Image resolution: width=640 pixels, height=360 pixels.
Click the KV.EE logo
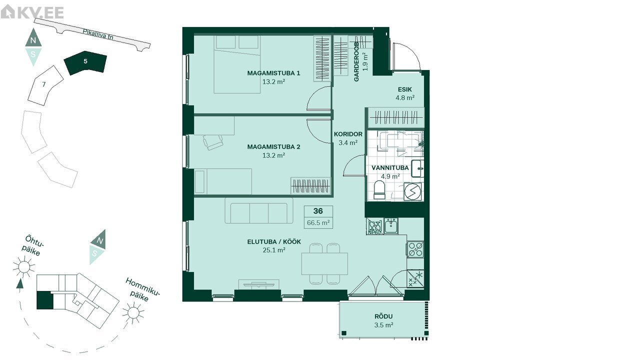32,12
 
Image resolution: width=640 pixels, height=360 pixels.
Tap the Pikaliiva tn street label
97,34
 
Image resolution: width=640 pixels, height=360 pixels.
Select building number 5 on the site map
85,62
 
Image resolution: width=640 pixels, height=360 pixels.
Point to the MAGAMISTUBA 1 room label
273,73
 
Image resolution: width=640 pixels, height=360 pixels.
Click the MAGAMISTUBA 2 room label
273,147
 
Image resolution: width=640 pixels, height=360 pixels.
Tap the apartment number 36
318,211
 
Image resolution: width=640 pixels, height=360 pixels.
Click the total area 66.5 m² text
318,222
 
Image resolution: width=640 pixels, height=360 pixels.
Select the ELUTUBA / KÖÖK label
274,241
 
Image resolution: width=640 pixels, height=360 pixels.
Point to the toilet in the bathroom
379,189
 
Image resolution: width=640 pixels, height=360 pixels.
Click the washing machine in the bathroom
413,191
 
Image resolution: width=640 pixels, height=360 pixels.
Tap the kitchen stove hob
415,249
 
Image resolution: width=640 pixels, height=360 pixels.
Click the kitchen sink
391,226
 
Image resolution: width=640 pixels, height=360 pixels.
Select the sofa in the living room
259,211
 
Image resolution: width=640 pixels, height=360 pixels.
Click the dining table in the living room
324,263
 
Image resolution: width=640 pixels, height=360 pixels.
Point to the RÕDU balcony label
383,316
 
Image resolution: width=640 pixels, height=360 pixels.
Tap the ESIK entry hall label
405,89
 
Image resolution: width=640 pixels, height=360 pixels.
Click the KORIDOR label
348,134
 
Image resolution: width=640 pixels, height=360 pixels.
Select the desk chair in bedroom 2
213,142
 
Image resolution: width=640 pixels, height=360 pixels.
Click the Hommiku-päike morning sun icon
133,313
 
